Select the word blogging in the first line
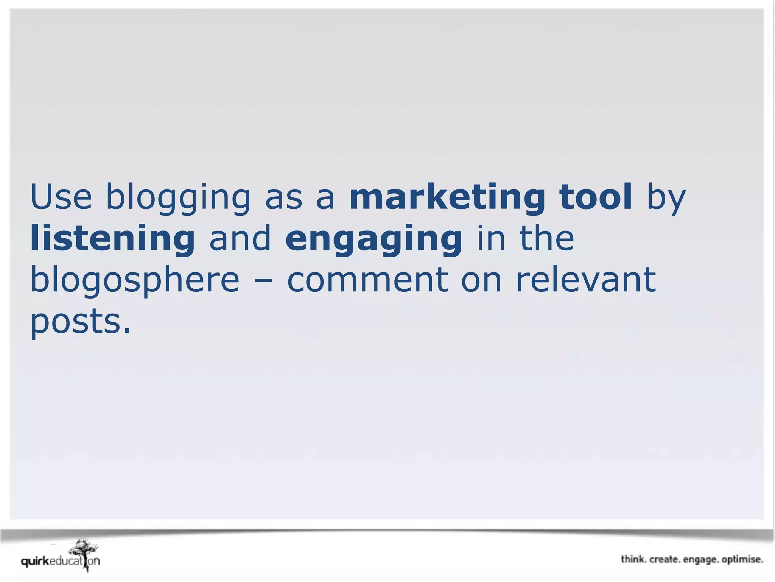(x=178, y=198)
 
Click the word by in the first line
(x=666, y=199)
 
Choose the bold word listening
(x=112, y=239)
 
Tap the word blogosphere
(x=135, y=281)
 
